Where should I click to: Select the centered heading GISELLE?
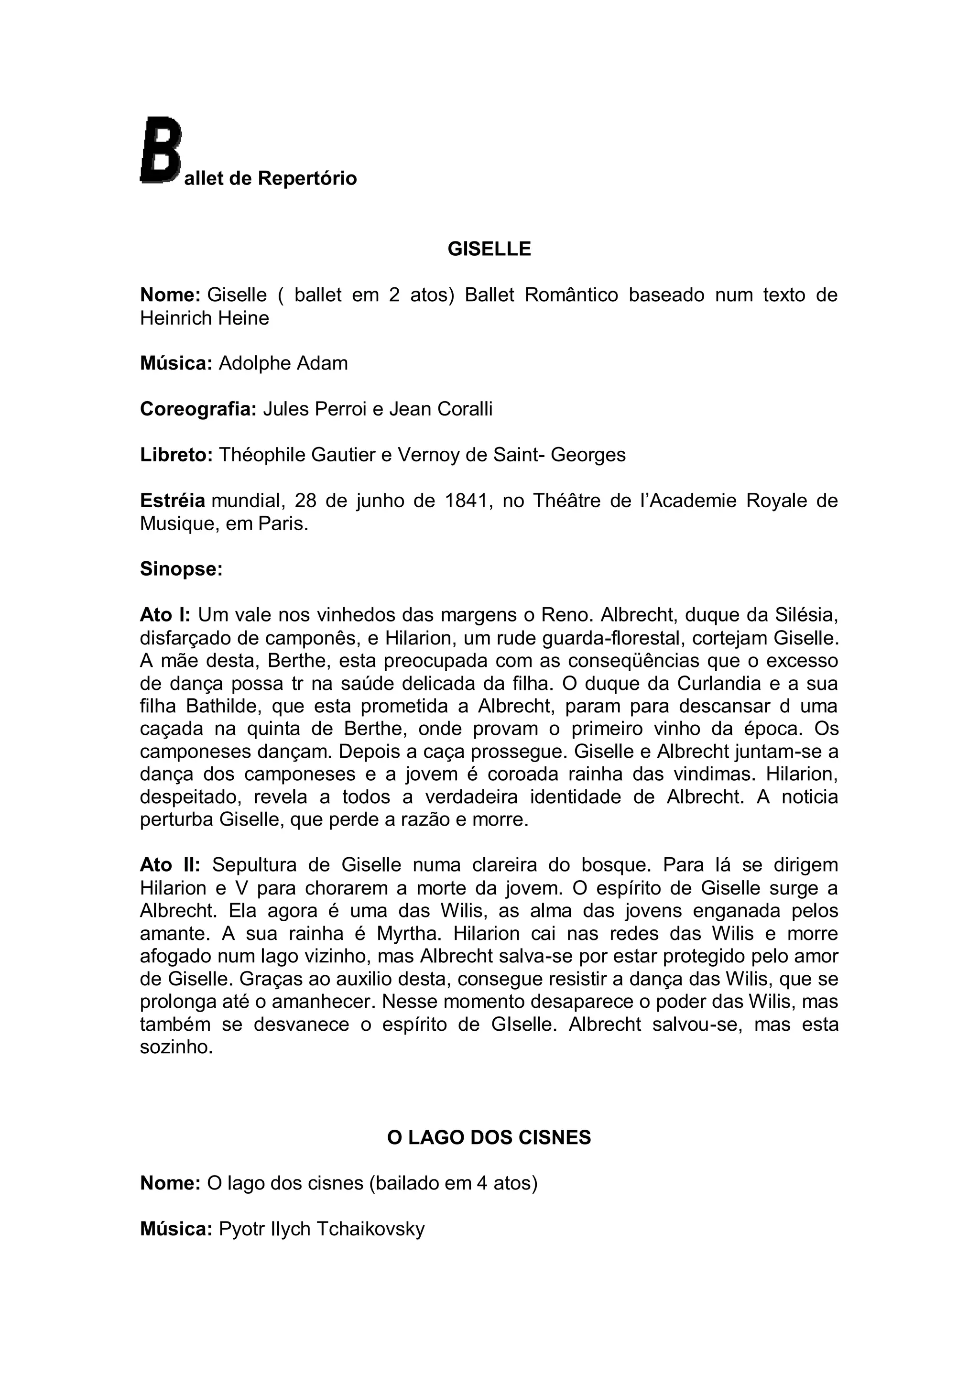coord(489,249)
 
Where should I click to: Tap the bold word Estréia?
coord(173,501)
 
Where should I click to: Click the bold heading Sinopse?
coord(182,569)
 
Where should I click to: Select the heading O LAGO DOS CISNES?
coord(489,1138)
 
